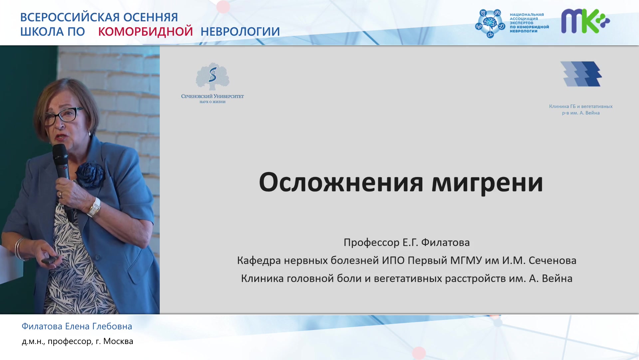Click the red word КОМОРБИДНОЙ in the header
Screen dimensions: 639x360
145,31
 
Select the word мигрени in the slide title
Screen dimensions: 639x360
487,183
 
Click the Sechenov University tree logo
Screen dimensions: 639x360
213,76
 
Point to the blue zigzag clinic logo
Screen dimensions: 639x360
581,74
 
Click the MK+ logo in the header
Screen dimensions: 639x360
585,21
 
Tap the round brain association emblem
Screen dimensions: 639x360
490,23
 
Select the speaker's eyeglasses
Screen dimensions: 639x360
64,115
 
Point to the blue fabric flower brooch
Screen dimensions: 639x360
90,175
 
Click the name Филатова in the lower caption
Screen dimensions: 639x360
42,326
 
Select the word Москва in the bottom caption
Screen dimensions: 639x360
118,341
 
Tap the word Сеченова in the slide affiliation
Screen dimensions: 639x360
552,260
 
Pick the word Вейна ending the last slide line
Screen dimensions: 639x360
557,278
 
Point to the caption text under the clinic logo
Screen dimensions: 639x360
581,110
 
